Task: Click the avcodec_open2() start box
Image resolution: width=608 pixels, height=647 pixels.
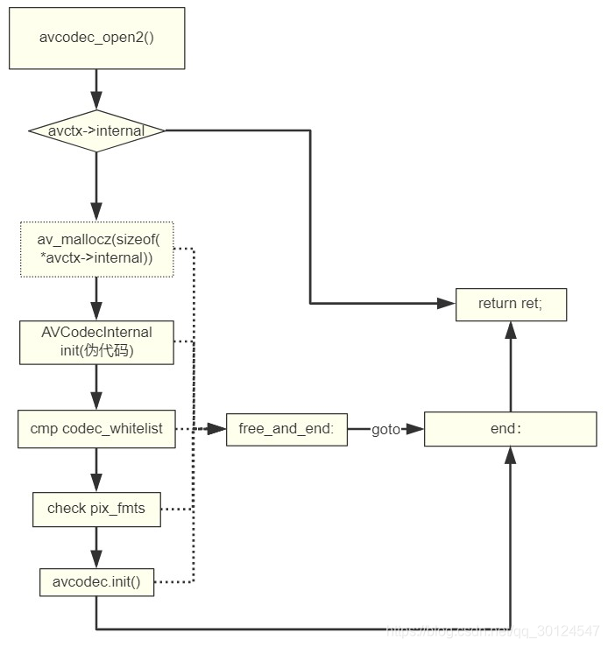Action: [x=96, y=38]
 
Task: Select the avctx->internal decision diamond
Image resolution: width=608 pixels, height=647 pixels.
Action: [x=96, y=131]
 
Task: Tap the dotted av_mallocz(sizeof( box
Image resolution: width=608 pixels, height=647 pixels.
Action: [x=96, y=250]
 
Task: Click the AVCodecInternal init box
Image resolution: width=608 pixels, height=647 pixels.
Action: [x=96, y=341]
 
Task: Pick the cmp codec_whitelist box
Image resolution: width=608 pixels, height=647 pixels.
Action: [x=96, y=430]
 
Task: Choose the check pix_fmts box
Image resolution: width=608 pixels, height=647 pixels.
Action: [x=96, y=509]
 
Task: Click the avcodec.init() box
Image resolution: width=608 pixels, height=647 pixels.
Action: [x=96, y=582]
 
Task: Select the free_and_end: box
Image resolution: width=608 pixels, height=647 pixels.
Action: [x=286, y=430]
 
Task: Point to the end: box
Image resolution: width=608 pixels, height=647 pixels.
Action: [x=510, y=430]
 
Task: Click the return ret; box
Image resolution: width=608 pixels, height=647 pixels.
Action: [x=510, y=305]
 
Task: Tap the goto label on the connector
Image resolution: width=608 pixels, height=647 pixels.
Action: [x=385, y=430]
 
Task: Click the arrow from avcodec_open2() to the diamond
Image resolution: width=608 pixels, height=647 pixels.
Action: [x=96, y=88]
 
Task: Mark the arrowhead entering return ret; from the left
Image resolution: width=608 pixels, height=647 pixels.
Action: [x=447, y=305]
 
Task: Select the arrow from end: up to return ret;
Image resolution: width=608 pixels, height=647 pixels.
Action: [x=510, y=368]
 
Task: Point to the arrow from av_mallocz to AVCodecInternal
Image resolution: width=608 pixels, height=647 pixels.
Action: [x=96, y=298]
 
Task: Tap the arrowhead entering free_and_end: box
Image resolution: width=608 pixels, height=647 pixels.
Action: [x=219, y=430]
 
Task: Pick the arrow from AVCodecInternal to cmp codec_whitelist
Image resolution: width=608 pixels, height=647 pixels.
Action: [x=96, y=385]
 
